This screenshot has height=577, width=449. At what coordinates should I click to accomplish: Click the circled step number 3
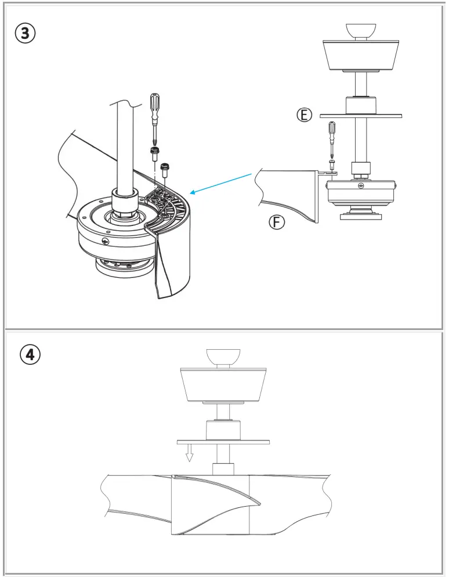tap(24, 33)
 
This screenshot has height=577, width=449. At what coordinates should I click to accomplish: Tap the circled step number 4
tap(29, 354)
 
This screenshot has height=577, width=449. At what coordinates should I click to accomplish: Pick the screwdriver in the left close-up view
tap(155, 116)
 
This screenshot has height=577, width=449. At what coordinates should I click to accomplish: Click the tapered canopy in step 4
tap(223, 384)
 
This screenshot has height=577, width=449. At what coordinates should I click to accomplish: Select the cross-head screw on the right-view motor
tap(361, 187)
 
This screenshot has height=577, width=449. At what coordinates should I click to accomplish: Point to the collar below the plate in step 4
tap(223, 470)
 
